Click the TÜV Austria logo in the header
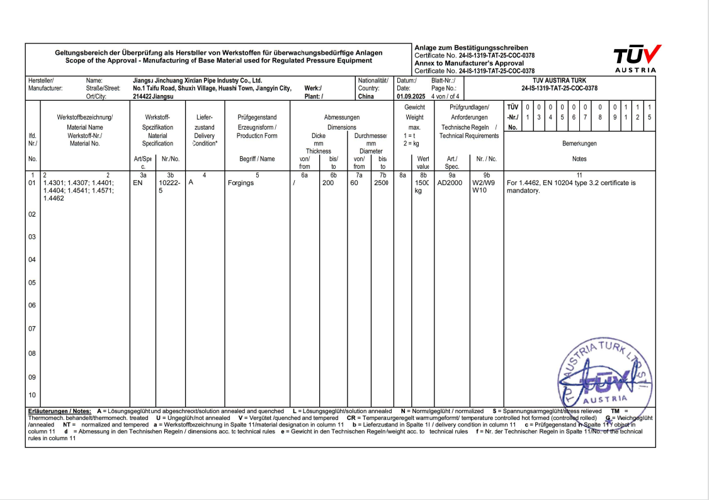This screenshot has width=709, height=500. [x=635, y=58]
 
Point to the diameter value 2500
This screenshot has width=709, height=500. [x=381, y=184]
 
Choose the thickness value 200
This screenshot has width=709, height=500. [x=328, y=184]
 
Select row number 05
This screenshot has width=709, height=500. [x=32, y=283]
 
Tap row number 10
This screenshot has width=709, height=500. [x=32, y=395]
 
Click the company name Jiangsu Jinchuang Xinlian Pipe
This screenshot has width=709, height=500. [x=198, y=81]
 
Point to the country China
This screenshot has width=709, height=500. [x=366, y=97]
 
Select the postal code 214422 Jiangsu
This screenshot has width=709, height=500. [x=154, y=97]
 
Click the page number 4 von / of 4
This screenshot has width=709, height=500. [x=445, y=97]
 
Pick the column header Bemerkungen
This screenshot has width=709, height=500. [x=579, y=144]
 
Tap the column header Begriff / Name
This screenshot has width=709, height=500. [x=257, y=159]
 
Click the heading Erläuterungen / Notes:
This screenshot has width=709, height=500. [x=60, y=411]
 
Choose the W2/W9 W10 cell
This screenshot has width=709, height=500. [x=484, y=187]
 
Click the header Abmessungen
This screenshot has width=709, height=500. [x=342, y=118]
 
